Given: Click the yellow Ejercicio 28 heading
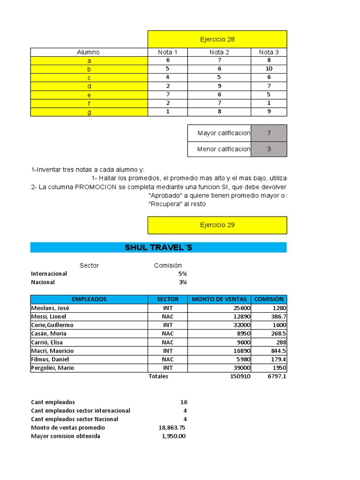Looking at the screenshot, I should coord(217,39).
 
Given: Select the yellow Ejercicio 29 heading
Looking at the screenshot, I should coord(217,225).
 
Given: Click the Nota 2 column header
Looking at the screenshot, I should coord(219,52).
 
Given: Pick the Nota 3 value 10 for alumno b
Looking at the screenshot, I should coord(269,69).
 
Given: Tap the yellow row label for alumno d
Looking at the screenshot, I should coord(89,86).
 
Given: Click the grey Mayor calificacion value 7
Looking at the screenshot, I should coord(269,133).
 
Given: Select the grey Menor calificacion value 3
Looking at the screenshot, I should coord(269,149).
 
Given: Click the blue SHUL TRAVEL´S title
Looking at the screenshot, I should coord(158,247).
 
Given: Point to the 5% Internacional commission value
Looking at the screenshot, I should coord(182,274).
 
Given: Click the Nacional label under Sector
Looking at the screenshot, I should coord(43,282).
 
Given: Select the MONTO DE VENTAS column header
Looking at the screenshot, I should coord(219,299).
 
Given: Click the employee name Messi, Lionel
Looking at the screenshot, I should coord(48,316).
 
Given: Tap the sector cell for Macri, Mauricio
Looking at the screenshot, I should coord(167,351).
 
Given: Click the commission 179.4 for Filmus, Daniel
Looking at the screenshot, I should coord(278,360).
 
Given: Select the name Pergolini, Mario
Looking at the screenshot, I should coord(52,368).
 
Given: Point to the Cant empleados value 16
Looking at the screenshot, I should coord(183,402).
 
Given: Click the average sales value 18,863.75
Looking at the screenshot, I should coord(172,427).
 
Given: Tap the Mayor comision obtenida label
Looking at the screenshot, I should coord(66,436).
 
